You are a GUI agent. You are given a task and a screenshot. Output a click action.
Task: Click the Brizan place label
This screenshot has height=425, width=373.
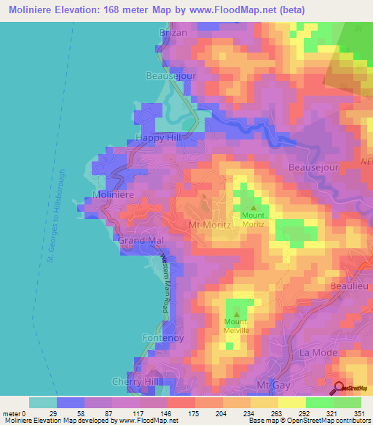[173, 33]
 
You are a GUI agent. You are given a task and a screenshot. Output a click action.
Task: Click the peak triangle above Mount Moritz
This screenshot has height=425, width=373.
[254, 208]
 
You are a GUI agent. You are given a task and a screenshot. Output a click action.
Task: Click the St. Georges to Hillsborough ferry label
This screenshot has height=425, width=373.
[57, 215]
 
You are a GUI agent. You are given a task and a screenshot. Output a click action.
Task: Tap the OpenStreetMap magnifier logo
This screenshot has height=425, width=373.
[338, 388]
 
